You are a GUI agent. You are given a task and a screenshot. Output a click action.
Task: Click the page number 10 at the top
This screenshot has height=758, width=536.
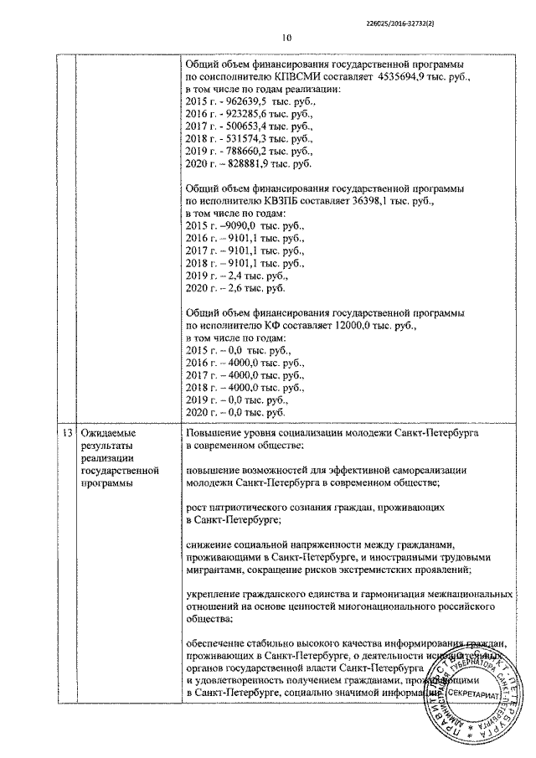point(286,37)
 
